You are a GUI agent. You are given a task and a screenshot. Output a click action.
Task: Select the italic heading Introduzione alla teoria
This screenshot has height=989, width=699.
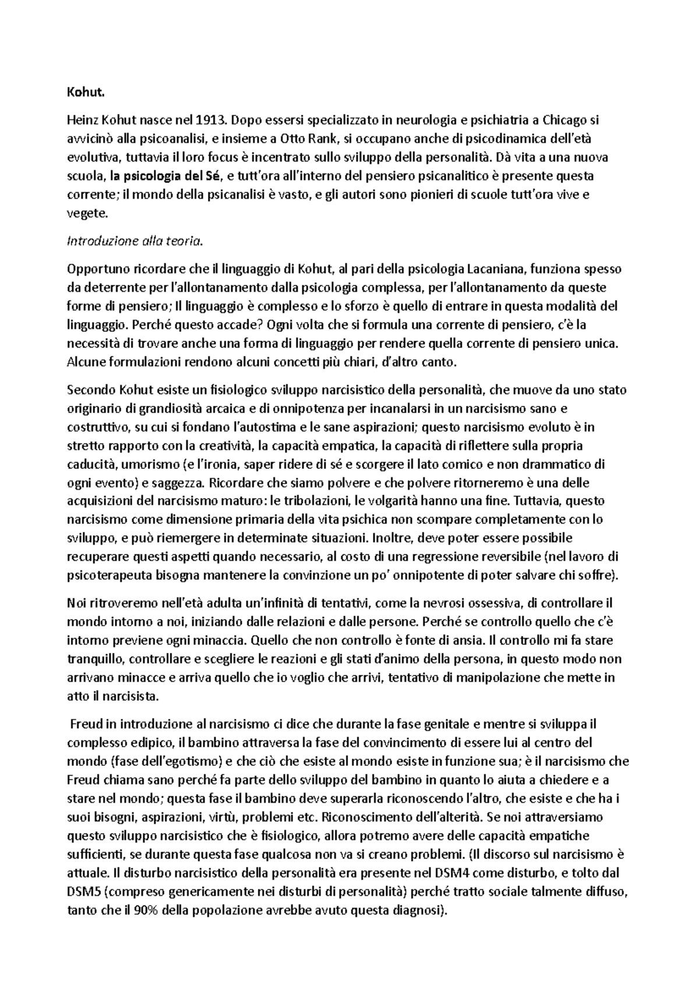click(136, 241)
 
